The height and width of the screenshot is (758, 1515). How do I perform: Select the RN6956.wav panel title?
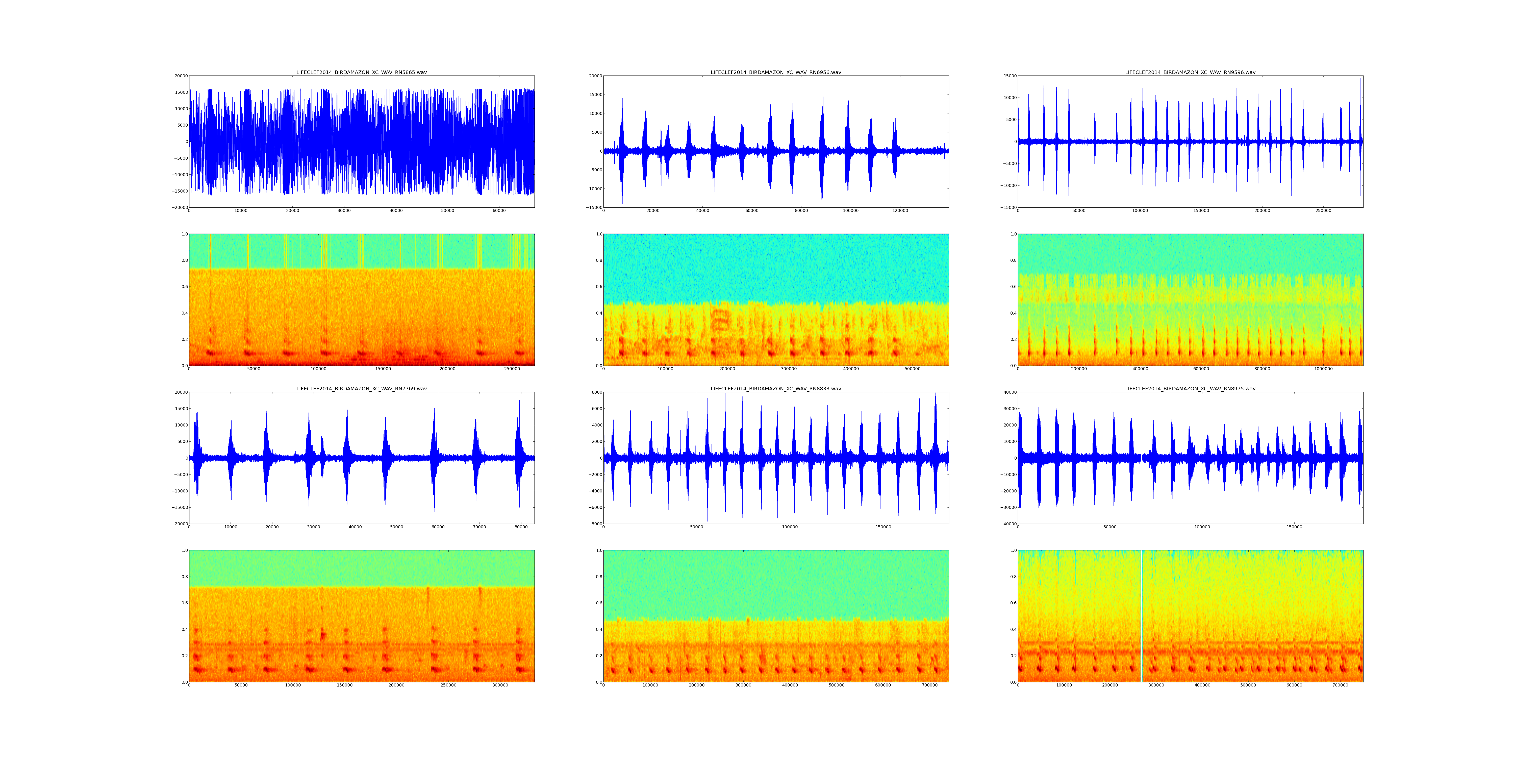click(776, 72)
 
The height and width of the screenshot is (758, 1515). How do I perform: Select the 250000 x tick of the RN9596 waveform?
click(1323, 211)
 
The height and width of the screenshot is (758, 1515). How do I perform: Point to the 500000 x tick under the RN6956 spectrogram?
click(913, 369)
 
